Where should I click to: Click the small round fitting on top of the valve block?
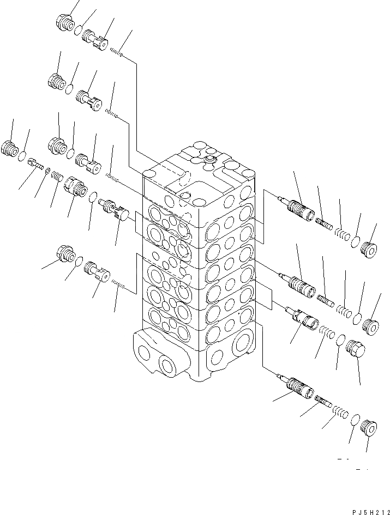(209, 160)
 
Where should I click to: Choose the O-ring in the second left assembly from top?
(70, 87)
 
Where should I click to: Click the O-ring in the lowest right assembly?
(355, 419)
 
